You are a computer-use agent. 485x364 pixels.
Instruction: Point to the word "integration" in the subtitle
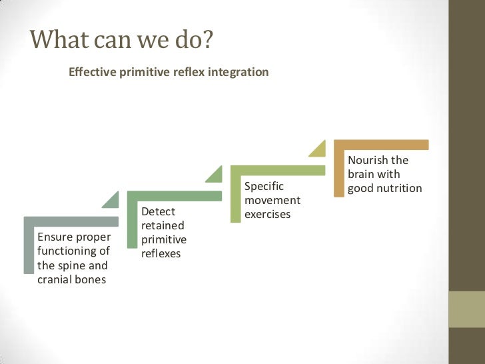coord(239,72)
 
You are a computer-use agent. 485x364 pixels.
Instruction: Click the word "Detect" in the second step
coord(158,212)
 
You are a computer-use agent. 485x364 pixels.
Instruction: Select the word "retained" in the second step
coord(163,226)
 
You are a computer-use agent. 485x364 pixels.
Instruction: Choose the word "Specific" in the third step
coord(264,186)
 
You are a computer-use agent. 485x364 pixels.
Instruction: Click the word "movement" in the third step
coord(272,200)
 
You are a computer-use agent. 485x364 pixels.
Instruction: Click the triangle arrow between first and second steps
coord(111,199)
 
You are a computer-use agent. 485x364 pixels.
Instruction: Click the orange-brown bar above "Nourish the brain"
coord(381,145)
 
